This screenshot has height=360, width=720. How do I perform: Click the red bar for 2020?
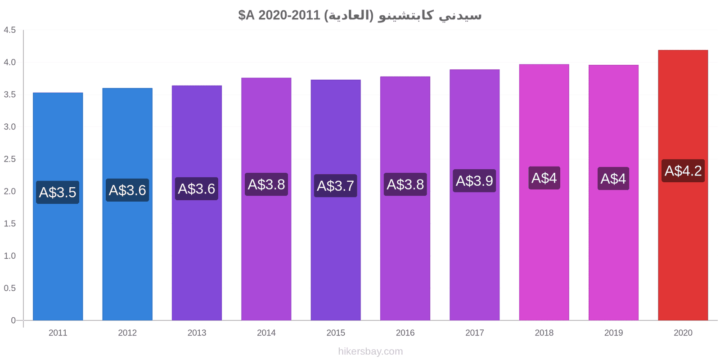pyautogui.click(x=683, y=185)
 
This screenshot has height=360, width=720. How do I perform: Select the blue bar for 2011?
pyautogui.click(x=58, y=207)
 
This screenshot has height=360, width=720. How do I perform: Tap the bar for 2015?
pyautogui.click(x=336, y=200)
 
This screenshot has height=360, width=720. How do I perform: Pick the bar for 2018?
pyautogui.click(x=544, y=192)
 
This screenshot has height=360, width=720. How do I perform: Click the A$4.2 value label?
pyautogui.click(x=683, y=171)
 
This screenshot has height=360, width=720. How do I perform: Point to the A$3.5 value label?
pyautogui.click(x=58, y=192)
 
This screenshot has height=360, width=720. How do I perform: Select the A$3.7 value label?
pyautogui.click(x=336, y=186)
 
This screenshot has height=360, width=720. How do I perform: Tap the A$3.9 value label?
pyautogui.click(x=474, y=180)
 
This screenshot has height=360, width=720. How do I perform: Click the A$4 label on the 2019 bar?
pyautogui.click(x=613, y=178)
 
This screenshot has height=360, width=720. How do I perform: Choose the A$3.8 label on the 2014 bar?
pyautogui.click(x=266, y=184)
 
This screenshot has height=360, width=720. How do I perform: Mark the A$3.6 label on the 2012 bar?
pyautogui.click(x=127, y=190)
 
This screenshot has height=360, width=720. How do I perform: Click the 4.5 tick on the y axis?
pyautogui.click(x=9, y=30)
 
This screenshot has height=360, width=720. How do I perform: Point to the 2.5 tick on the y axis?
pyautogui.click(x=9, y=159)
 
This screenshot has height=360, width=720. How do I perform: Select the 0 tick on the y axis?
pyautogui.click(x=13, y=320)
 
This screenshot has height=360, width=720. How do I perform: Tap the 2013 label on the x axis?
pyautogui.click(x=197, y=333)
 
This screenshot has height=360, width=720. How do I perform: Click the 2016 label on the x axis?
pyautogui.click(x=405, y=333)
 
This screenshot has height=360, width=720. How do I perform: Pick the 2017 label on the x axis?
pyautogui.click(x=474, y=333)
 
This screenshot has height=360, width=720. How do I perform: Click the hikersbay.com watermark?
pyautogui.click(x=370, y=351)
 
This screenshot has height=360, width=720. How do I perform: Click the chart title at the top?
pyautogui.click(x=360, y=15)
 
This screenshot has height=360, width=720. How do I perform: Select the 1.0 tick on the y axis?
pyautogui.click(x=9, y=256)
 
